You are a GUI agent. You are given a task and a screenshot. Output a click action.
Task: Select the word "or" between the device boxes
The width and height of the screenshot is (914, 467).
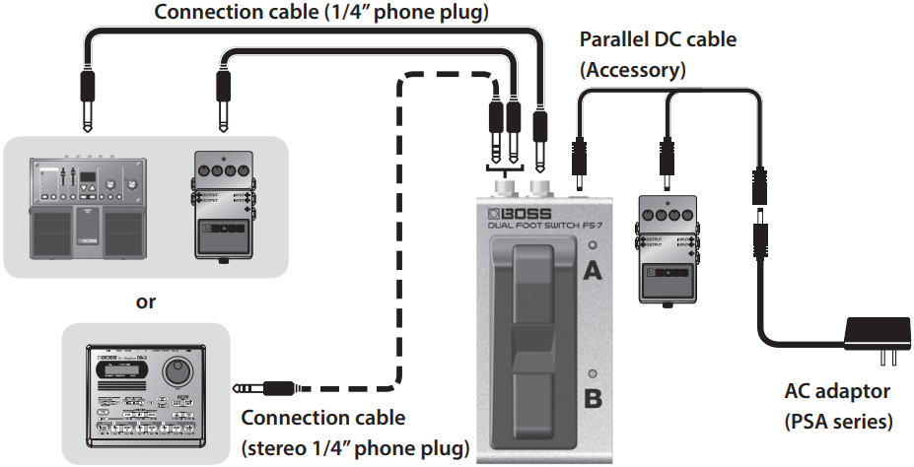145,301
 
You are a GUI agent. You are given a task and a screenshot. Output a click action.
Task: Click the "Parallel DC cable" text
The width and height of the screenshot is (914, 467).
658,40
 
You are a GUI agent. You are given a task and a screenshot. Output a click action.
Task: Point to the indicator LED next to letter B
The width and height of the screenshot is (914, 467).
592,375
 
